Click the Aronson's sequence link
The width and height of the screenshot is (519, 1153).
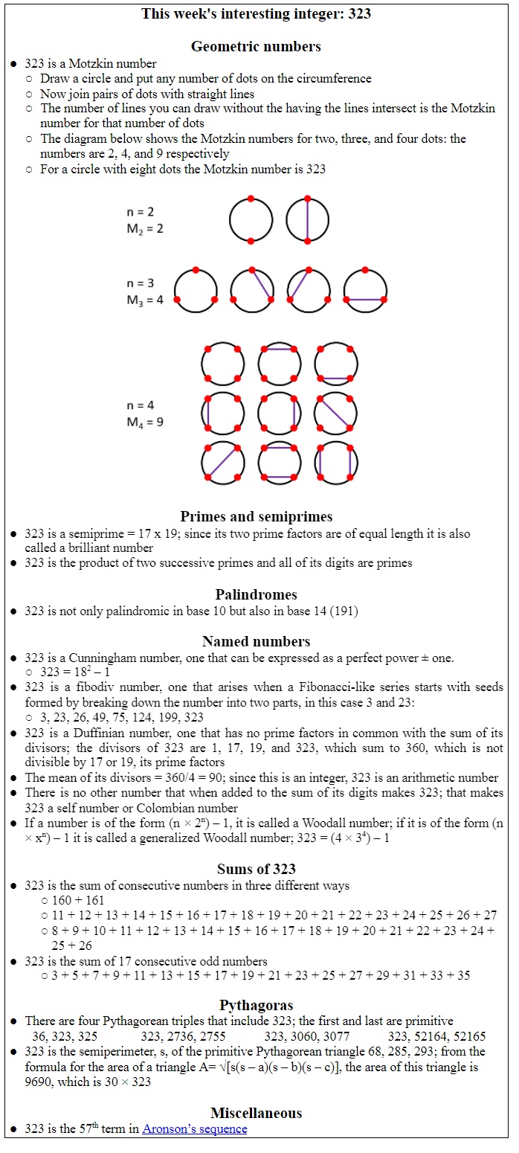(194, 1129)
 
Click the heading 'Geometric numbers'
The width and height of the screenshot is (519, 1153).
(256, 46)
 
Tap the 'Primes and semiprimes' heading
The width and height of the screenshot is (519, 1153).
(256, 516)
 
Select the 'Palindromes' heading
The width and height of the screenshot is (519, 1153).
(256, 594)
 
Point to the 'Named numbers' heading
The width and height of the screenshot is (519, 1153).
(256, 641)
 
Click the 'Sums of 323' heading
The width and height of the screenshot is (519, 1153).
(256, 869)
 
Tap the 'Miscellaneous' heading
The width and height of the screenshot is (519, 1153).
(256, 1113)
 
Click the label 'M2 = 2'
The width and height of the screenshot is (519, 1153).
(144, 228)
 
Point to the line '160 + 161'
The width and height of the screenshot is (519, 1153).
(78, 900)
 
